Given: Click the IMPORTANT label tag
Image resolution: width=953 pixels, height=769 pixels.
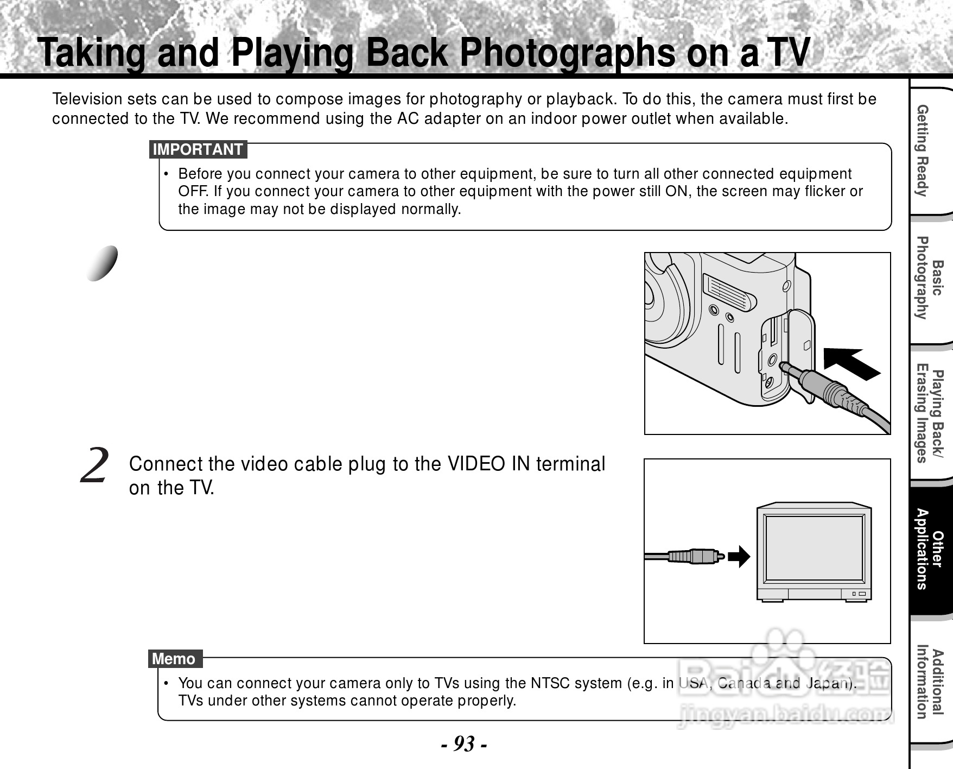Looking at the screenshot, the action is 198,149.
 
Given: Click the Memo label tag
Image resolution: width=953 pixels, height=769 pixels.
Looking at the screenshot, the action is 174,659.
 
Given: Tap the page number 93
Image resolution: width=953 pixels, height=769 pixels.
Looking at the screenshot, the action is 463,743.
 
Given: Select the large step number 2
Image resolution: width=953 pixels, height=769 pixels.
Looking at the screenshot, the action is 94,466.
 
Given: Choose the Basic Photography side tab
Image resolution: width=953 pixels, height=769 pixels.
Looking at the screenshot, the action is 929,278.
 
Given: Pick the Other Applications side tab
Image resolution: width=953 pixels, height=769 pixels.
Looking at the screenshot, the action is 929,549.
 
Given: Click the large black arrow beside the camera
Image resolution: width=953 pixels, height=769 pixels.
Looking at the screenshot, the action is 851,363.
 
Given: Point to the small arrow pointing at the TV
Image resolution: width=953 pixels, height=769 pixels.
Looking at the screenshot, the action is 739,556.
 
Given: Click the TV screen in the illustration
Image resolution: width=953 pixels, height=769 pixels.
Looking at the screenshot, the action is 814,549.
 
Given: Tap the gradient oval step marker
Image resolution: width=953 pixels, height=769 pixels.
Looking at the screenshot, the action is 103,263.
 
